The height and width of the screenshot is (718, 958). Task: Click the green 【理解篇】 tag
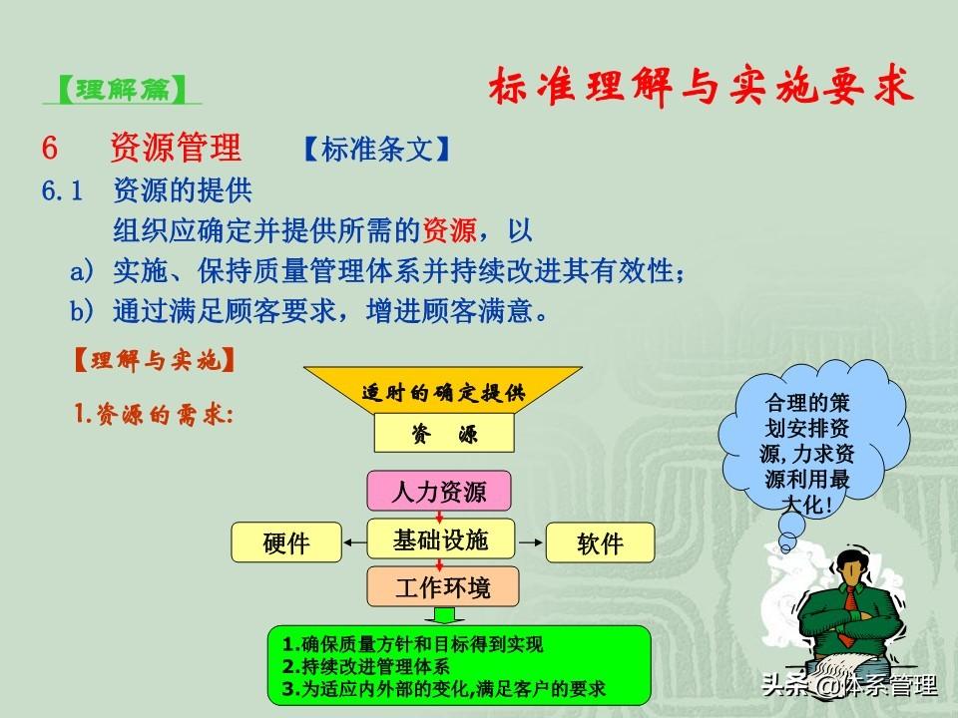[x=122, y=89]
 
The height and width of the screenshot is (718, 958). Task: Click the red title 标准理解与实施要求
[x=701, y=86]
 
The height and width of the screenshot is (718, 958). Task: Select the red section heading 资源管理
[x=176, y=148]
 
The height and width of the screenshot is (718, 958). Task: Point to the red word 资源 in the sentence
[x=449, y=230]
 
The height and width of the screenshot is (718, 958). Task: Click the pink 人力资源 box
[x=439, y=491]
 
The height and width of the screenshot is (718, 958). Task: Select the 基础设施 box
[x=440, y=539]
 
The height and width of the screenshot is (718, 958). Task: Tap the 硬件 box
[x=286, y=542]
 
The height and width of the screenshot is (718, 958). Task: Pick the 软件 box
[x=600, y=542]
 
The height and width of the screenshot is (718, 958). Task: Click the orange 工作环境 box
[x=443, y=586]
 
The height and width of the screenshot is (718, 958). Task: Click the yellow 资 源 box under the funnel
[x=444, y=434]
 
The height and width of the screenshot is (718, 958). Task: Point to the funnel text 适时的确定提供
[x=443, y=392]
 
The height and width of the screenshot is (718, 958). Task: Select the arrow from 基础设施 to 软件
[x=530, y=542]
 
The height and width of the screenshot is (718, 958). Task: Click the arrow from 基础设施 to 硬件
[x=354, y=542]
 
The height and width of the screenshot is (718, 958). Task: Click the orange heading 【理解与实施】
[x=154, y=360]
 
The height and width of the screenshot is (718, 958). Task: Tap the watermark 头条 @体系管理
[x=849, y=685]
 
